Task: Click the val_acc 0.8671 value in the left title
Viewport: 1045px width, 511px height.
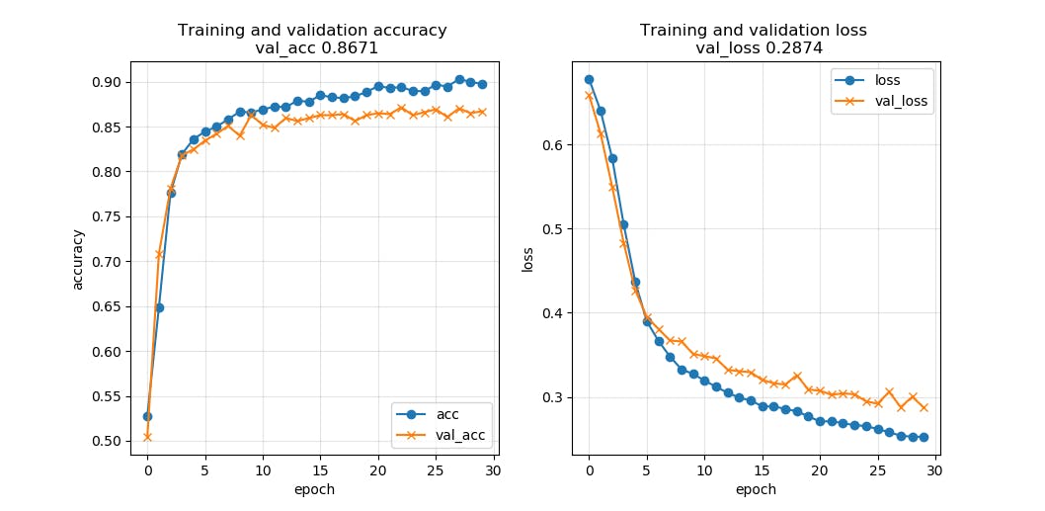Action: click(312, 47)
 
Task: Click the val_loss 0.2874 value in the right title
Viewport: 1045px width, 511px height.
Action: click(753, 47)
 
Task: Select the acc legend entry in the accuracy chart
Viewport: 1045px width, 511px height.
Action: click(447, 413)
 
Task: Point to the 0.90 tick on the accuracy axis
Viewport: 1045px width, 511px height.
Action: click(107, 82)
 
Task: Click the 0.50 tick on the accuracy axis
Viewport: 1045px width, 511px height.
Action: click(107, 441)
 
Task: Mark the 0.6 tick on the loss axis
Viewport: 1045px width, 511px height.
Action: click(552, 145)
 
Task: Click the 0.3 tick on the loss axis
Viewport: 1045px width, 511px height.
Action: click(552, 397)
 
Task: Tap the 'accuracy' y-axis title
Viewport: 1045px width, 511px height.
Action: click(78, 260)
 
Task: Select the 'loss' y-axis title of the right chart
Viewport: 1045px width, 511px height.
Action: click(528, 260)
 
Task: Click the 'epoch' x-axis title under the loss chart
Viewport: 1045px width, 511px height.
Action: click(756, 489)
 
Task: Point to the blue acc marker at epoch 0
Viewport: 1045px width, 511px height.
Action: click(147, 416)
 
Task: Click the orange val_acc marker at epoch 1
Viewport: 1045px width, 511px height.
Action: click(159, 254)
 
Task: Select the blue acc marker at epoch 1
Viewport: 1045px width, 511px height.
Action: click(159, 307)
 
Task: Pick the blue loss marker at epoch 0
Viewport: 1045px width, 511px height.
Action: click(589, 79)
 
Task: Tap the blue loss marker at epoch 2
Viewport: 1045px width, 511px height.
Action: click(612, 158)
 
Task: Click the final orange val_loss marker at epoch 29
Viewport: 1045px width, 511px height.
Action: click(924, 407)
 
